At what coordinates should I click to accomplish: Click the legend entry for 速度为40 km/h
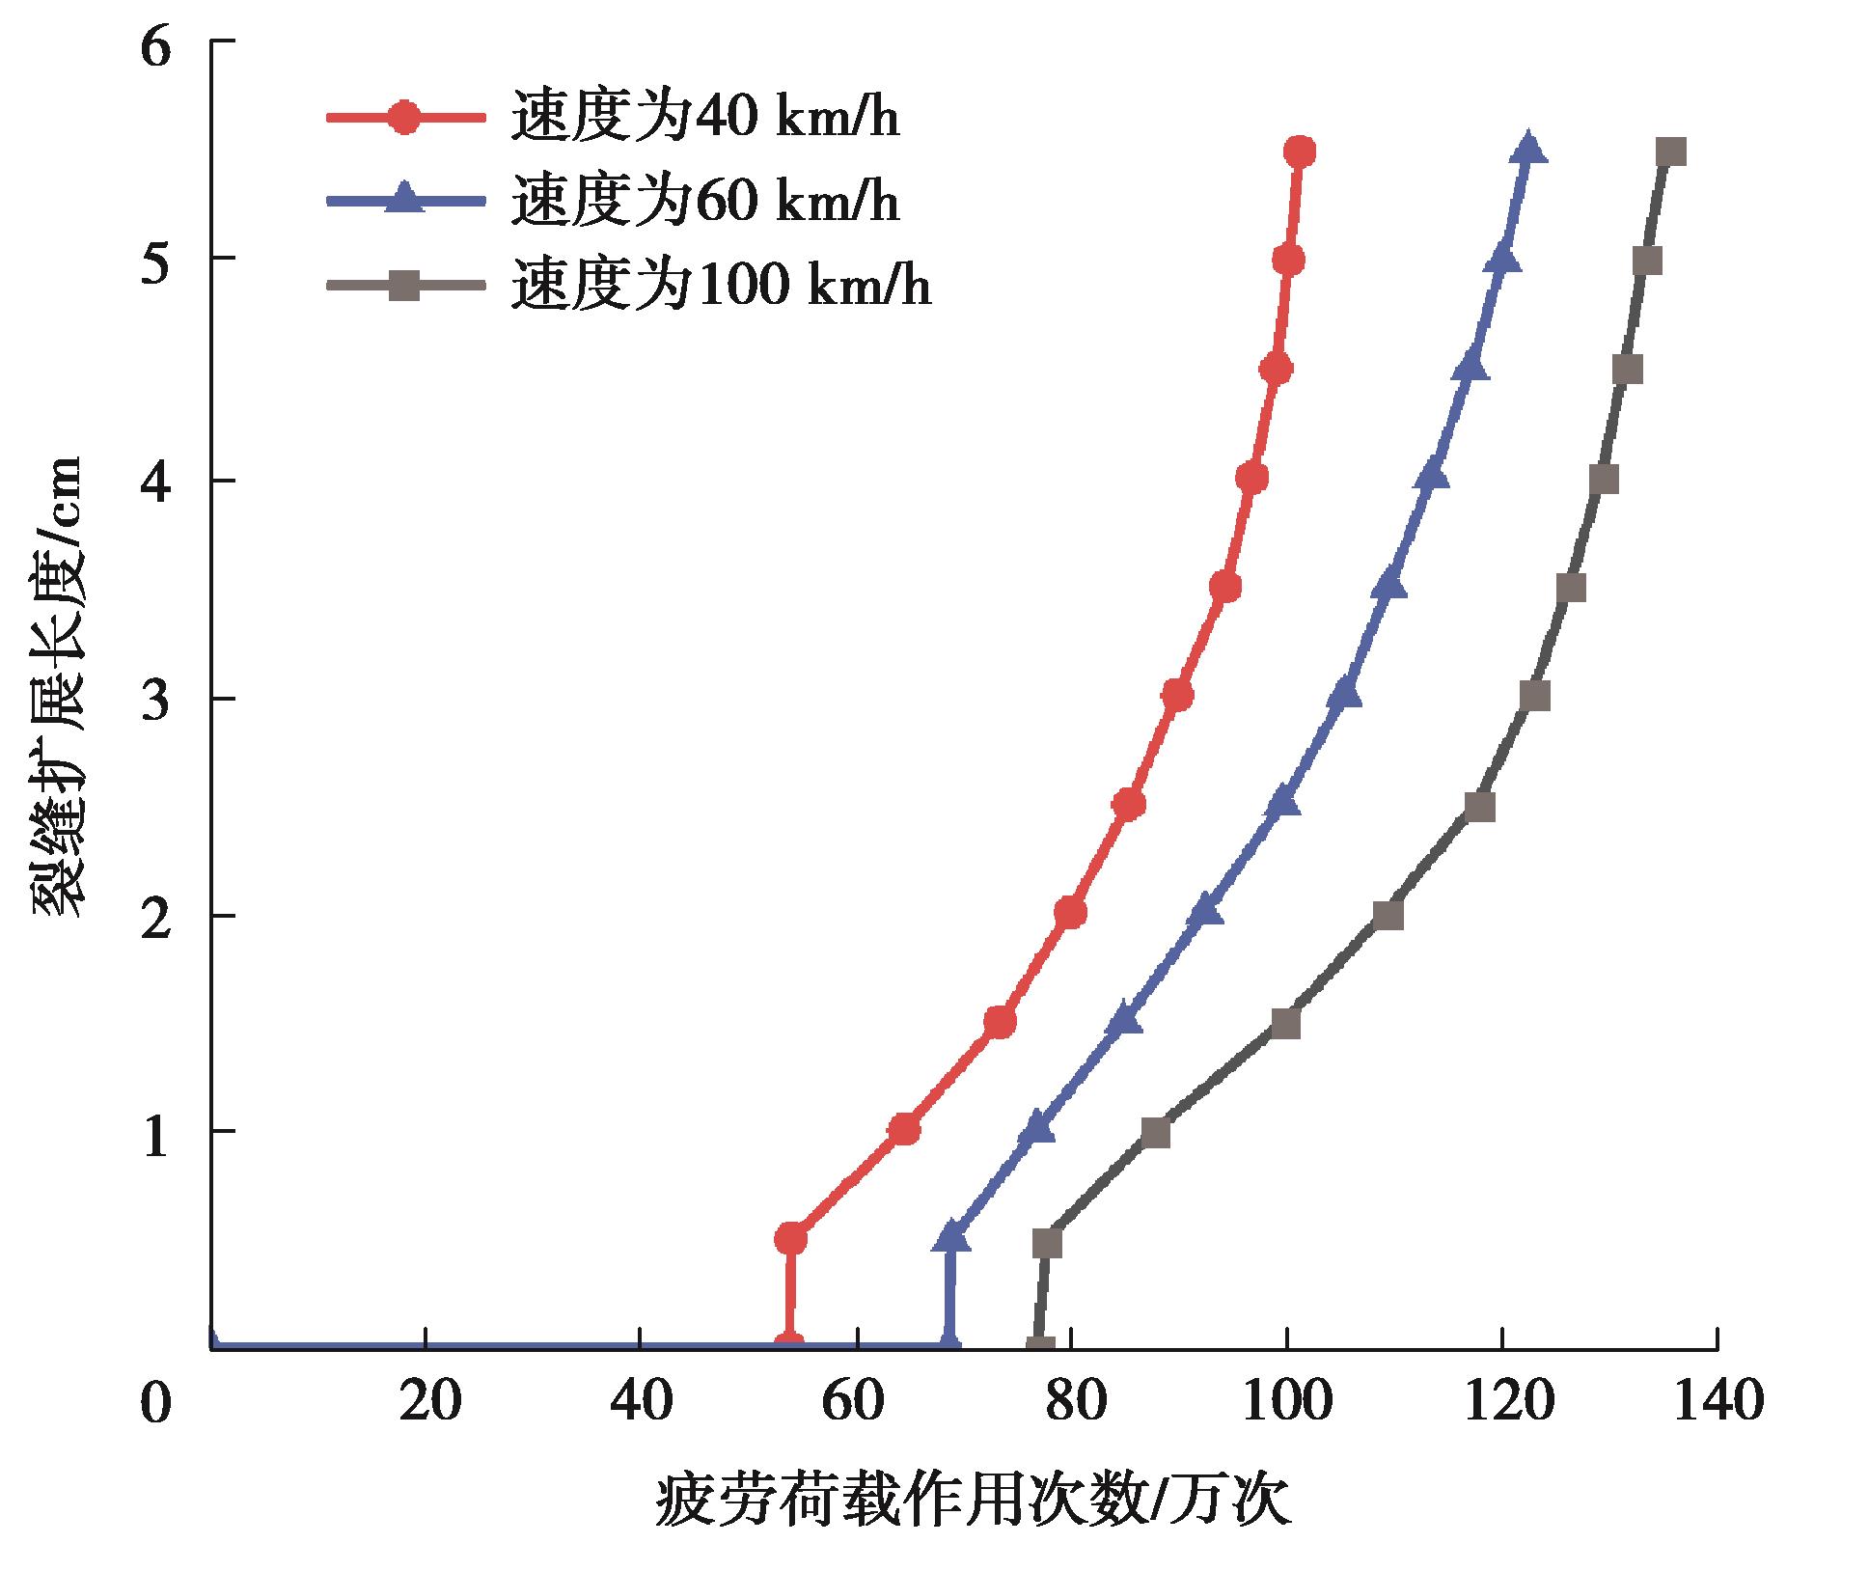coord(705,118)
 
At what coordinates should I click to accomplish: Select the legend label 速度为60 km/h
coord(705,202)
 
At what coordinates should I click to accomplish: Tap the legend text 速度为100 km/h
coord(722,286)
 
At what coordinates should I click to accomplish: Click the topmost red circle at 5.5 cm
coord(1300,152)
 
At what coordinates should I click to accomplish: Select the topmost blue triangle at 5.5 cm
coord(1527,150)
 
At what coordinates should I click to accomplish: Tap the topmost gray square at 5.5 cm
coord(1670,152)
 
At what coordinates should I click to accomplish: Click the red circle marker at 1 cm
coord(904,1130)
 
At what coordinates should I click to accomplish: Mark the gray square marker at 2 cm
coord(1388,915)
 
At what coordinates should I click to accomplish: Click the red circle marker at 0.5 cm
coord(790,1238)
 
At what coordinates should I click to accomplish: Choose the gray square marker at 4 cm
coord(1603,480)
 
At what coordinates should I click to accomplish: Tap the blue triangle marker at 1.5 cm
coord(1124,1021)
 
